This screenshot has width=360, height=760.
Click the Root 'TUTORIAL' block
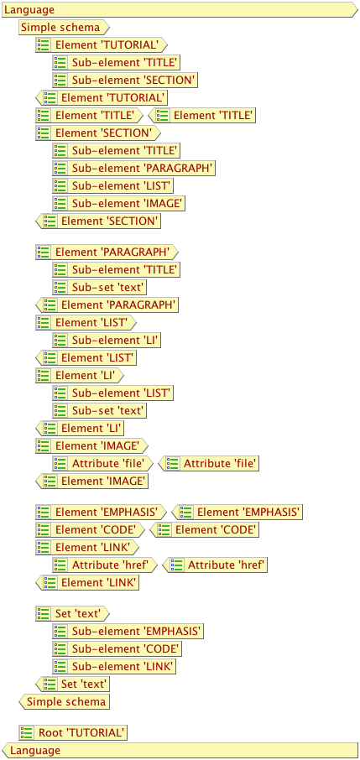73,732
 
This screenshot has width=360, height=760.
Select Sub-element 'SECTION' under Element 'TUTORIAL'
125,81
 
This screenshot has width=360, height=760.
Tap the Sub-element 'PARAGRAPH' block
133,168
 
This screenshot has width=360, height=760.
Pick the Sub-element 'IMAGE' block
118,203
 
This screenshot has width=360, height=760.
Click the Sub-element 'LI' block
107,340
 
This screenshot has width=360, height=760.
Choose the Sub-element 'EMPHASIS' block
128,631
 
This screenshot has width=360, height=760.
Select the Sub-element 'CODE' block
117,648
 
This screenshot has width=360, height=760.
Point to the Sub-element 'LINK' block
114,666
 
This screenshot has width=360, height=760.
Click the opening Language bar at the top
180,10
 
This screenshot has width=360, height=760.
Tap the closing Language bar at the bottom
180,750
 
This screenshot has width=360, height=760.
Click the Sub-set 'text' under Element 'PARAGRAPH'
100,287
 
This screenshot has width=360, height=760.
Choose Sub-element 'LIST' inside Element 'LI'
112,393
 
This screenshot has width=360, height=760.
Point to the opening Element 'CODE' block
91,529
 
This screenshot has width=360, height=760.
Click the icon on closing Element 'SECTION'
50,221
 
